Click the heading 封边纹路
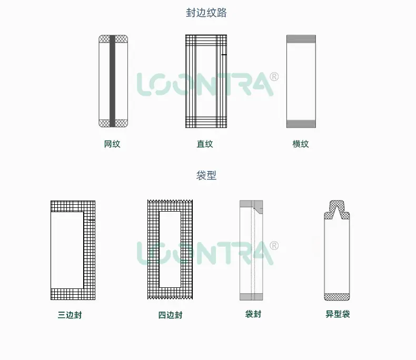tap(206, 13)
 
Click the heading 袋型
tap(206, 175)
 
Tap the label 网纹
tap(112, 144)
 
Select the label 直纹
tap(204, 144)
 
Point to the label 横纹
tap(301, 144)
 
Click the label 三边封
tap(70, 315)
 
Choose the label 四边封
tap(170, 315)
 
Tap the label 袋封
tap(253, 314)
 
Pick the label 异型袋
tap(338, 314)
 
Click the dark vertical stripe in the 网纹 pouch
tap(112, 81)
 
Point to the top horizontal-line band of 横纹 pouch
tap(301, 39)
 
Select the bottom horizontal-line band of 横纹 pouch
tap(301, 124)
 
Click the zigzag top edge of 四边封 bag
tap(170, 201)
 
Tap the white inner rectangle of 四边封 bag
tap(170, 249)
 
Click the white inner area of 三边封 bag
tap(67, 250)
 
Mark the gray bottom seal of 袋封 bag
tap(251, 297)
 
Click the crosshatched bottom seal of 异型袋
tap(337, 297)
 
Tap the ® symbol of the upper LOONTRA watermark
tap(274, 77)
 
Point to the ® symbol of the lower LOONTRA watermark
tap(274, 245)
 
